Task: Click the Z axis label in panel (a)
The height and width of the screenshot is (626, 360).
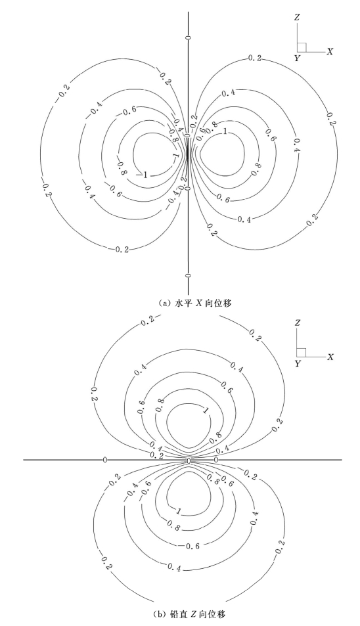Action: click(x=297, y=17)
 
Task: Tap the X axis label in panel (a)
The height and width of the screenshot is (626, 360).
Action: click(x=330, y=51)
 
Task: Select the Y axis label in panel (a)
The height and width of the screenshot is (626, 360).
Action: click(x=297, y=58)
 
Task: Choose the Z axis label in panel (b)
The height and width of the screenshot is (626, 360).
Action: click(x=297, y=323)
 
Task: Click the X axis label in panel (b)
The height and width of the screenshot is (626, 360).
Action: click(x=330, y=357)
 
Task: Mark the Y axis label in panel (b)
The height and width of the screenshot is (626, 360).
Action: click(x=297, y=364)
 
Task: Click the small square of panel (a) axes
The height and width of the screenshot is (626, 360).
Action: click(x=302, y=47)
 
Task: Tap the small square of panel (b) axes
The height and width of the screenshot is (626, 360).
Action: click(x=302, y=353)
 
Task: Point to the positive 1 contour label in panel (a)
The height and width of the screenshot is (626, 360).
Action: click(x=225, y=131)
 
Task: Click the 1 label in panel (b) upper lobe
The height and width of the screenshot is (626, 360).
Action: click(x=206, y=410)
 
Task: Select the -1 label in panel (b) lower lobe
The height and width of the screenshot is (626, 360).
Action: click(x=177, y=510)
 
